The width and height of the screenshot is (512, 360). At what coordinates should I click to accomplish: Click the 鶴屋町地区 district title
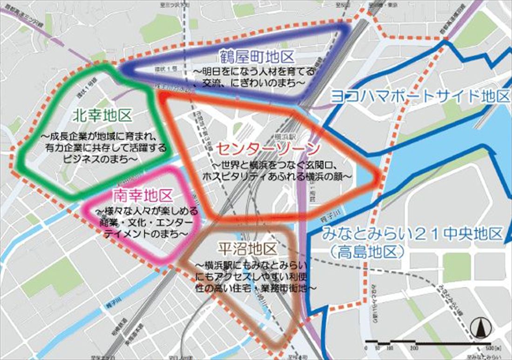(x=258, y=58)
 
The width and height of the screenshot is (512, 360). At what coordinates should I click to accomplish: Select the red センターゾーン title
(x=268, y=148)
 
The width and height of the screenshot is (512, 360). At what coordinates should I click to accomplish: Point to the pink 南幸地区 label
(x=142, y=194)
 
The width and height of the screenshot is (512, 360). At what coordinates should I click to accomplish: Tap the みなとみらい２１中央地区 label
(x=412, y=233)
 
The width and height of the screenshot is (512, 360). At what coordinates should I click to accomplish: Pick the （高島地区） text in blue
(x=366, y=252)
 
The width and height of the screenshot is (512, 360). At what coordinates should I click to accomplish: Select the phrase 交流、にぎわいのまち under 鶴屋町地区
(x=254, y=82)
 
